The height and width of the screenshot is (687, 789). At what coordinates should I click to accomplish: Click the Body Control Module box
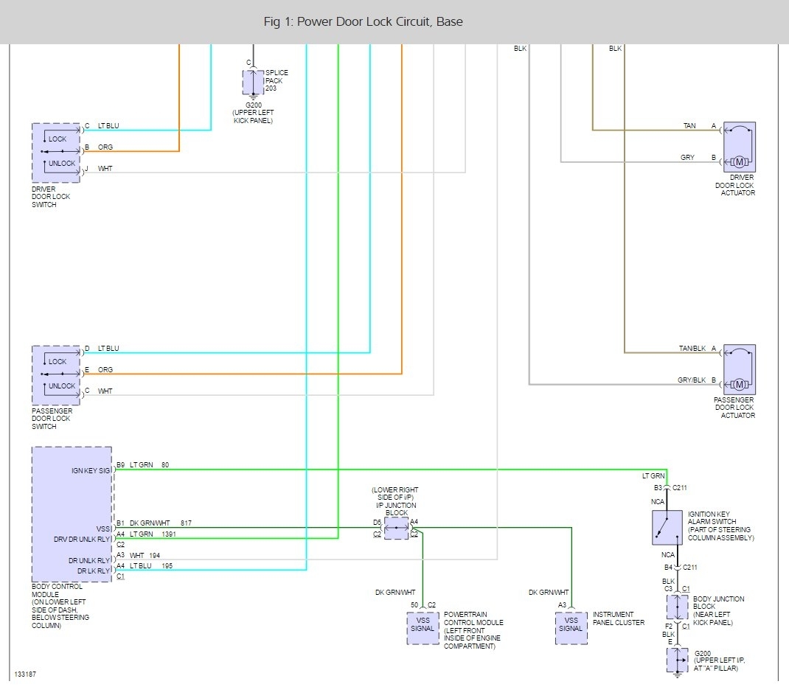[72, 514]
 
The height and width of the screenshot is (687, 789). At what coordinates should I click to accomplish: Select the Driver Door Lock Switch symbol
[56, 153]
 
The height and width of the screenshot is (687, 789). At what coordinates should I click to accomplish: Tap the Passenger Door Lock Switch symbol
[56, 374]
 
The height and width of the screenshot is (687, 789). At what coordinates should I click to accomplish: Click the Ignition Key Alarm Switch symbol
[667, 527]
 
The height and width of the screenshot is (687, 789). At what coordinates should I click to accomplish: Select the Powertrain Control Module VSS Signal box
[423, 629]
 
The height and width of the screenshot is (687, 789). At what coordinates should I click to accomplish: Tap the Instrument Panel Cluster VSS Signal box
[571, 629]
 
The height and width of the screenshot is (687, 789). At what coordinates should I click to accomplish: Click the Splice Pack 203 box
[253, 82]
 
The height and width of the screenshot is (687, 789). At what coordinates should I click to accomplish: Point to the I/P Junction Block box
[396, 528]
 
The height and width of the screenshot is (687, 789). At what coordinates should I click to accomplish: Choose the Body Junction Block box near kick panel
[677, 607]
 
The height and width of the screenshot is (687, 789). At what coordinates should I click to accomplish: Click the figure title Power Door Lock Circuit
[364, 21]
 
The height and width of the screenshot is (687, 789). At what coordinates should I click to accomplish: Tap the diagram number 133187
[25, 674]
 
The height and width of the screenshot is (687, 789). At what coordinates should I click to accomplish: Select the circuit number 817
[186, 523]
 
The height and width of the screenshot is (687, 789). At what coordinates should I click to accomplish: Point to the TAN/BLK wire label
[692, 348]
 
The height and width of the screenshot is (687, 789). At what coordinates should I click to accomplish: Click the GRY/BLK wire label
[692, 380]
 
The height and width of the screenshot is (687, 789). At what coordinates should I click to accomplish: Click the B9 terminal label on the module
[120, 465]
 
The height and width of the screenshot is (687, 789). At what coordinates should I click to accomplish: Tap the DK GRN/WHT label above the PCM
[395, 593]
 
